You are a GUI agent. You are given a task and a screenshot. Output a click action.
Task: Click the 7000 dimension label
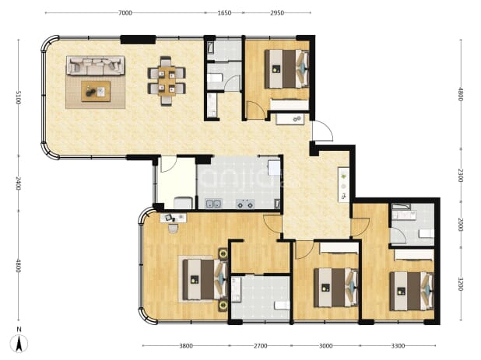coord(125,13)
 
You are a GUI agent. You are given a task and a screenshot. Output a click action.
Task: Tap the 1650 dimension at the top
coord(224,13)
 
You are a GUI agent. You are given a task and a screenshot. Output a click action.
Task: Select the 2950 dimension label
coord(277,13)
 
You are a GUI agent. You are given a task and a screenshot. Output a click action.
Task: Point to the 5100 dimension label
coord(19,97)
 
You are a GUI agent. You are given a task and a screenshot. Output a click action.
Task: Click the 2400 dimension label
coord(19,183)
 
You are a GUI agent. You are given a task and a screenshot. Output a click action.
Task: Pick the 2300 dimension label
coord(460,175)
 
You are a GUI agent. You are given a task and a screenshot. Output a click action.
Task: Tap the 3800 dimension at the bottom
coord(186,346)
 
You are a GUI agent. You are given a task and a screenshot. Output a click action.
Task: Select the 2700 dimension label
coord(260,346)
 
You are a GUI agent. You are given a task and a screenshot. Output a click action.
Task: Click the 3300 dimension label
coord(398,346)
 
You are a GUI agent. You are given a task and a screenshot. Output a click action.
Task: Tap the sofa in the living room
coord(96,65)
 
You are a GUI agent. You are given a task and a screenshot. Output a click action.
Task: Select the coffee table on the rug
coord(96,91)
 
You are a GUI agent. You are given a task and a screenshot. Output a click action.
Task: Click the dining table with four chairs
coord(167,81)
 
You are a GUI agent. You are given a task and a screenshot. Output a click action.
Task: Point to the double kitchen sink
coord(213,203)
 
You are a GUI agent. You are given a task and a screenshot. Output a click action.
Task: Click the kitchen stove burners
coord(245,204)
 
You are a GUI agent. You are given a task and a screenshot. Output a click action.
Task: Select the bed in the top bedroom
coord(287,69)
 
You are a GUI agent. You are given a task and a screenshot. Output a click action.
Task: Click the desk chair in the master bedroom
coord(173,229)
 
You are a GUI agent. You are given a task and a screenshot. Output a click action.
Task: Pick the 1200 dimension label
coord(460,284)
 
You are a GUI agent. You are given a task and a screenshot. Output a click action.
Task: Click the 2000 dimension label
coord(460,225)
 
